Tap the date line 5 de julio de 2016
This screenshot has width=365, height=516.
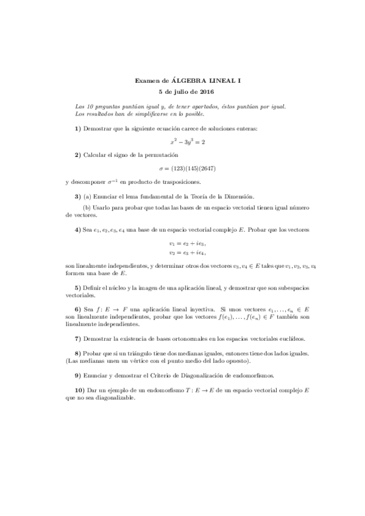tap(182, 91)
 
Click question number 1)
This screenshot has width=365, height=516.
tap(77, 128)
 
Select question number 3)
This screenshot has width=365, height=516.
tap(77, 196)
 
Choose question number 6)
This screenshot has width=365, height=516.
tap(77, 310)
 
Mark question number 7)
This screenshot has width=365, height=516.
tap(77, 338)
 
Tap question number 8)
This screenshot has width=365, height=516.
tap(77, 354)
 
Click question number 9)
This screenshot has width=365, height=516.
tap(77, 376)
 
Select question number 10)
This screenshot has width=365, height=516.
tap(79, 391)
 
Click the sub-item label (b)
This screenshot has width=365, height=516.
tap(87, 207)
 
